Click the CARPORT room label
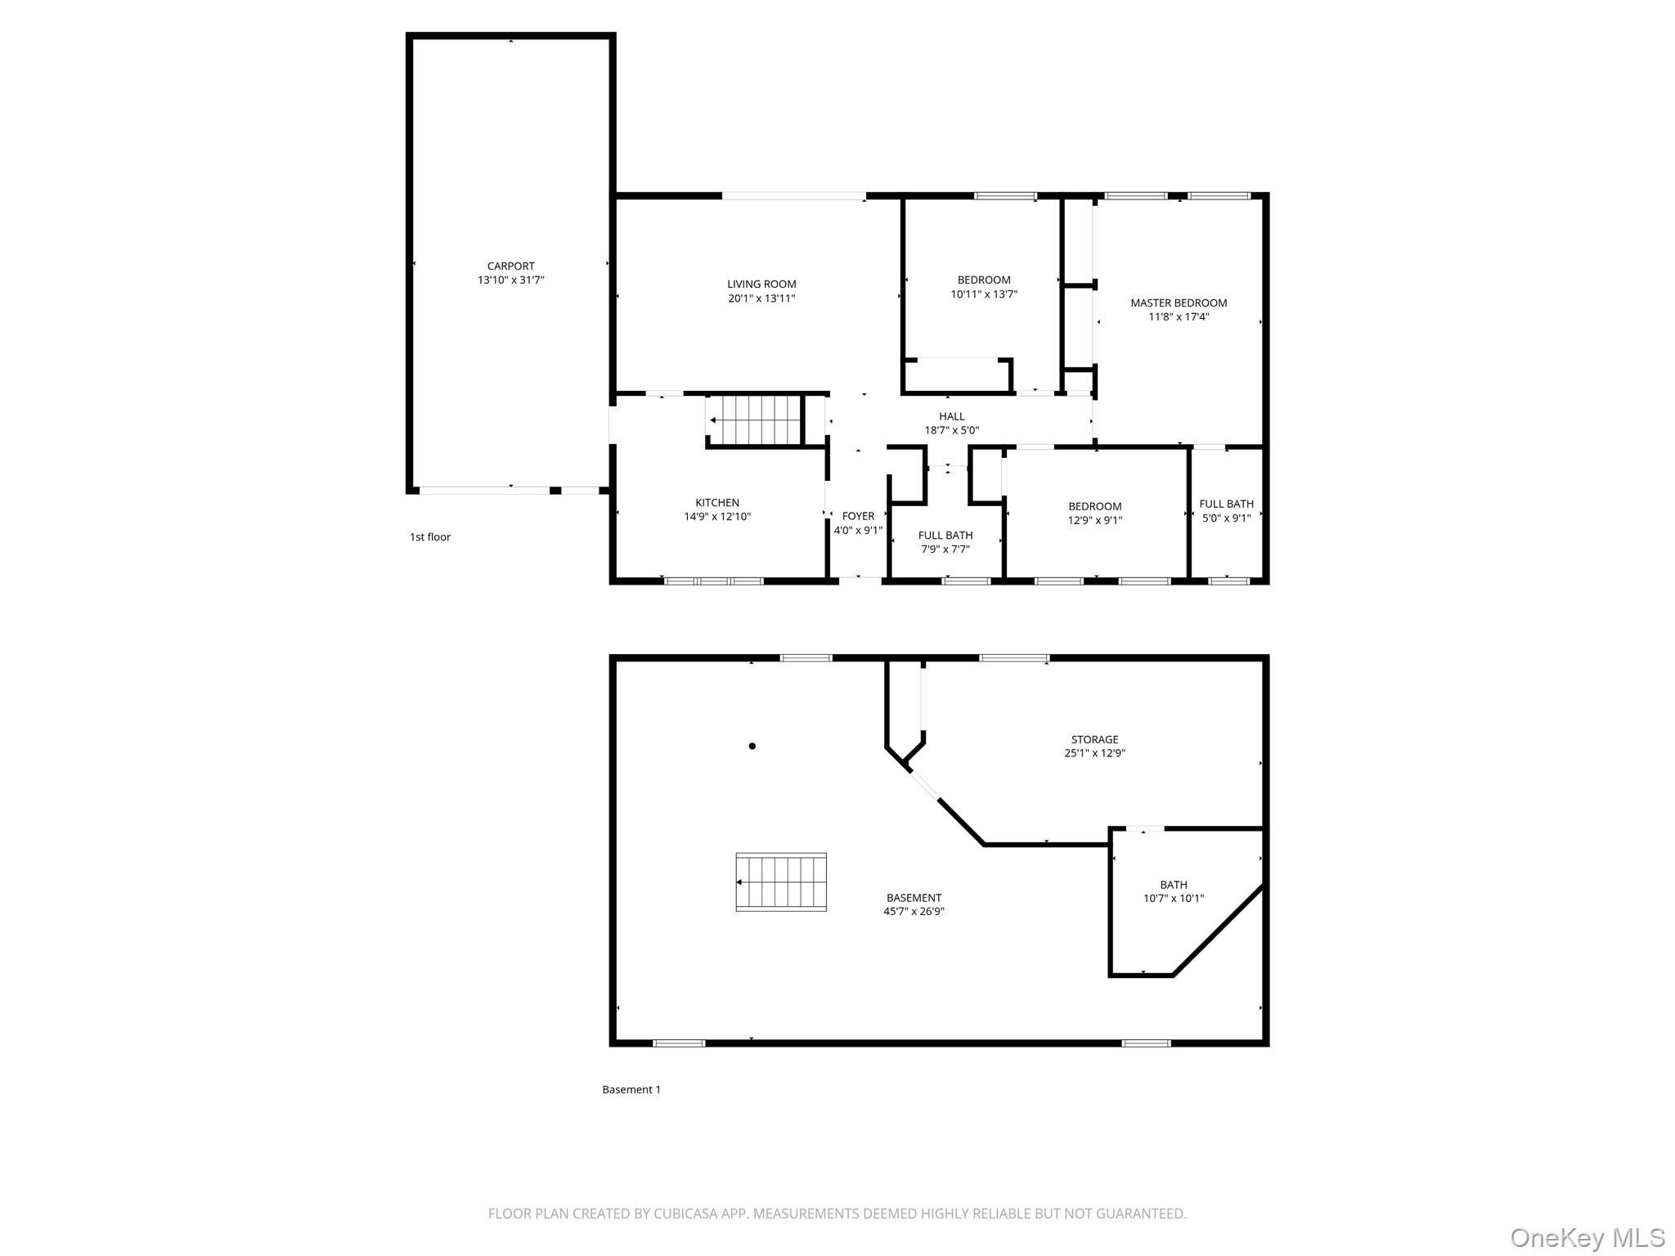click(511, 266)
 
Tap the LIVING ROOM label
click(761, 285)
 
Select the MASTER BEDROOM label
click(1179, 303)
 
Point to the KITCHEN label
click(717, 503)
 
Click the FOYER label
click(858, 516)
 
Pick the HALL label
click(952, 416)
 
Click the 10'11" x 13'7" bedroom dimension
click(984, 294)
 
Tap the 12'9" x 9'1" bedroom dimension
click(1095, 520)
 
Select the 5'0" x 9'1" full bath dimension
click(1227, 518)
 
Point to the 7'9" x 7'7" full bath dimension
click(945, 549)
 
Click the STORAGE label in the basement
click(1094, 739)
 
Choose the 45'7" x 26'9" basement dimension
click(914, 912)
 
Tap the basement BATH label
click(1174, 885)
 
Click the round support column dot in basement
click(752, 746)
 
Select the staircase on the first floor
click(754, 420)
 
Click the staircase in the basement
click(781, 881)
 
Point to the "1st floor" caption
click(430, 537)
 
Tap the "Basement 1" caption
click(631, 1089)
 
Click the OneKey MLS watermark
click(1587, 1238)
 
